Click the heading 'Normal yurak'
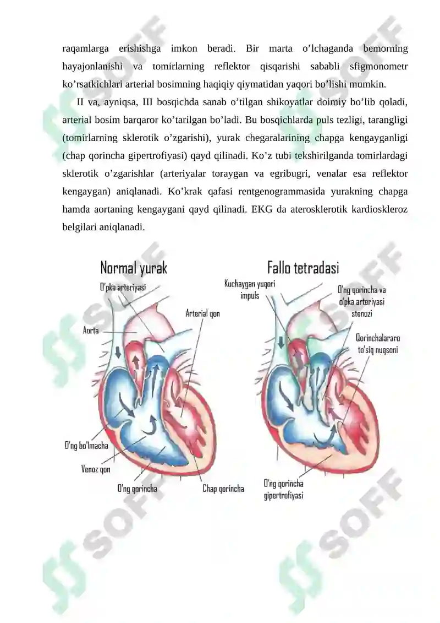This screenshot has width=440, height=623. tap(134, 268)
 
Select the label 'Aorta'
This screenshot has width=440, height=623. tap(91, 330)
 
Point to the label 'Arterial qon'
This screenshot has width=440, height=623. tap(203, 313)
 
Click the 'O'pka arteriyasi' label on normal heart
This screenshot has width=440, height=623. tap(123, 288)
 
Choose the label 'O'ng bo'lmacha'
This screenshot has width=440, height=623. tap(86, 446)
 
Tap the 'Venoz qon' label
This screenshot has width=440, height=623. tap(96, 469)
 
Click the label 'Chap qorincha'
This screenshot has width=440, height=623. tap(223, 488)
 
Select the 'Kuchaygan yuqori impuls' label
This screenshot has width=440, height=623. tap(250, 290)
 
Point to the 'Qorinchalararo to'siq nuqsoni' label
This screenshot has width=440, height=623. tap(378, 344)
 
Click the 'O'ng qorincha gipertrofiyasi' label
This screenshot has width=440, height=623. tap(284, 490)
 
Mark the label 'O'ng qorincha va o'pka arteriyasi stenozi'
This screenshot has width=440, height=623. tap(361, 301)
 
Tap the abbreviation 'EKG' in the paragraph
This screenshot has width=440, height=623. tap(262, 209)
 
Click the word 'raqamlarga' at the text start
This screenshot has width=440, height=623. tap(85, 49)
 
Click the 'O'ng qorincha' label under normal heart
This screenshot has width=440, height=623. tap(137, 488)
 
